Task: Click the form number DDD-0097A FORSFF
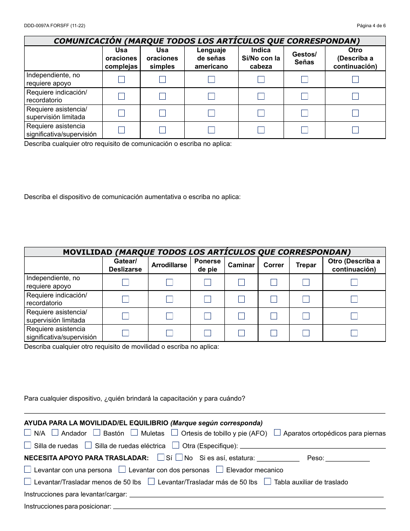coord(54,26)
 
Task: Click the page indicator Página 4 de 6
coord(371,26)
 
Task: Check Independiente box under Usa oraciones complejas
coord(121,79)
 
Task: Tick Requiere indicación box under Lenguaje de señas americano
coord(211,96)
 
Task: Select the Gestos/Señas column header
coord(304,58)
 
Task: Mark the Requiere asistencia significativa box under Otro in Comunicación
coord(355,130)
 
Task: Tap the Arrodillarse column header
coord(169,265)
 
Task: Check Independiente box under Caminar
coord(241,282)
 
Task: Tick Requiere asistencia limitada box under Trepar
coord(306,316)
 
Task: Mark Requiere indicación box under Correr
coord(274,299)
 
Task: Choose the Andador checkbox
coord(55,433)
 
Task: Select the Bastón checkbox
coord(97,433)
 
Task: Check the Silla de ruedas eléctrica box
coord(88,445)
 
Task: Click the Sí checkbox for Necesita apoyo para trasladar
coord(161,457)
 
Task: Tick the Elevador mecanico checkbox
coord(220,469)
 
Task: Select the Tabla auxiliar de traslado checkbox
coord(268,481)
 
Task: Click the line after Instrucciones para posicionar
coord(248,507)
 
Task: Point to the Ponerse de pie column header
coord(207,265)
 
